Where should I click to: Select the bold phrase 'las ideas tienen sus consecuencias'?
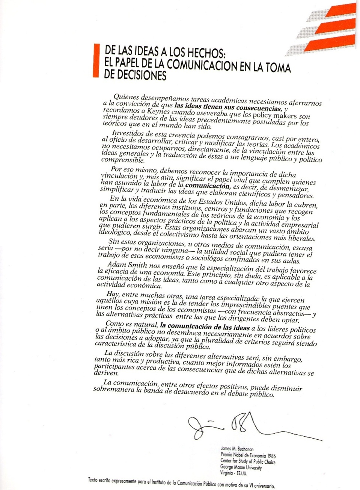(227, 107)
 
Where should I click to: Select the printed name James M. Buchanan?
(237, 449)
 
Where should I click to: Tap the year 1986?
(269, 456)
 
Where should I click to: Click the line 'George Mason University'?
(241, 467)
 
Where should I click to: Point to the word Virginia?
(226, 473)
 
